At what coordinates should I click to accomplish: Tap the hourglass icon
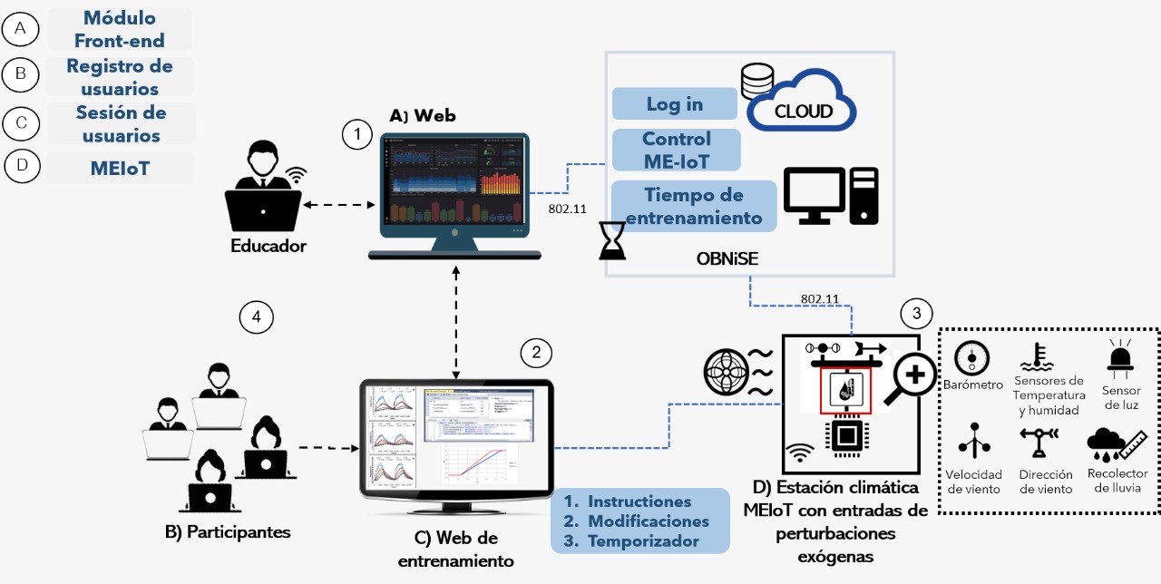click(x=613, y=241)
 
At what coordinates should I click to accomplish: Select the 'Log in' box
click(x=675, y=103)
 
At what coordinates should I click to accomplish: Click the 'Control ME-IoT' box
click(x=677, y=150)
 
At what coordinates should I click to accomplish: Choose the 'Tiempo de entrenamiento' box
click(x=693, y=206)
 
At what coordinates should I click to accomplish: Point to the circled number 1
click(x=357, y=135)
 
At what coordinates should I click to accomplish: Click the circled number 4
click(x=256, y=317)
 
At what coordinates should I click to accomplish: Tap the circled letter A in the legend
click(x=20, y=30)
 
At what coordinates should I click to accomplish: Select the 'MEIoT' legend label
click(x=120, y=168)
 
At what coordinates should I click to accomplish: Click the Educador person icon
click(x=263, y=194)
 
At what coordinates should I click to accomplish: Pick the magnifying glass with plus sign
click(x=910, y=374)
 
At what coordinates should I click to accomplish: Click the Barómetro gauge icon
click(x=971, y=358)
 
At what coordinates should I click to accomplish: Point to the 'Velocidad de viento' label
click(x=973, y=482)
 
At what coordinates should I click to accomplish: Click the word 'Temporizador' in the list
click(x=644, y=541)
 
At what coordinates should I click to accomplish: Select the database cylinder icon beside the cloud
click(x=754, y=82)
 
